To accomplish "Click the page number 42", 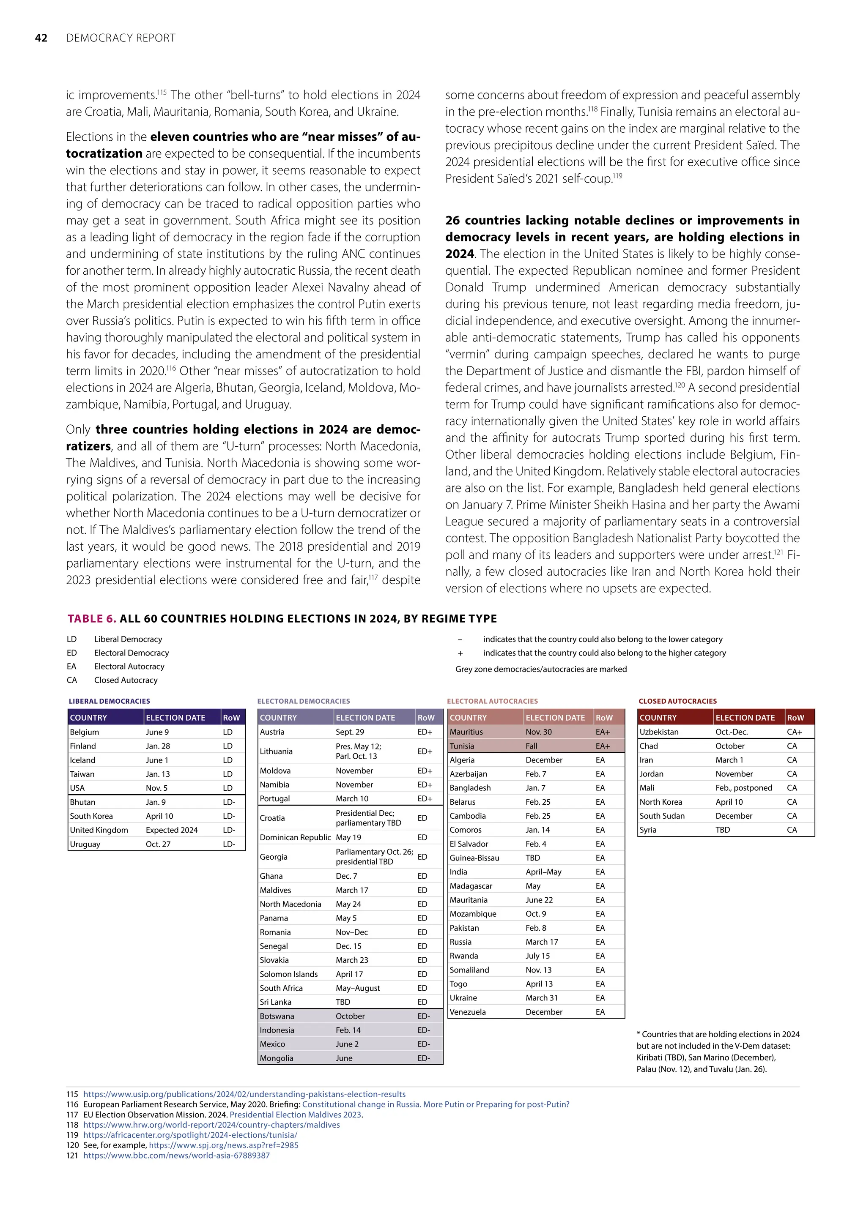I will coord(41,38).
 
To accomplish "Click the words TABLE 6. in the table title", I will coord(91,618).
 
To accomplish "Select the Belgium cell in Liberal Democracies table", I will coord(85,732).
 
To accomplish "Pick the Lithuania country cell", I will coord(276,751).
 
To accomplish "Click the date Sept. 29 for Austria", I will coord(350,732).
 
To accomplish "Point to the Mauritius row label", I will coord(466,732).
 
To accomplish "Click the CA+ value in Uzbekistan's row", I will coord(794,732).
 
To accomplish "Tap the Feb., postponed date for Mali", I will coord(743,788).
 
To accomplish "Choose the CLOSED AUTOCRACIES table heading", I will coord(677,701).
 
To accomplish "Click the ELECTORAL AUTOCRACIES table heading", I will coord(492,701).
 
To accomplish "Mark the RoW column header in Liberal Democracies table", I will coord(231,718).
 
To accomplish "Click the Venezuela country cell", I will coord(468,1012).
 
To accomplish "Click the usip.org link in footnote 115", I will coord(244,1094).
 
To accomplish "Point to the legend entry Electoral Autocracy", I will coord(129,667).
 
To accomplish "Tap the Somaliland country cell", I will coord(469,970).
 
